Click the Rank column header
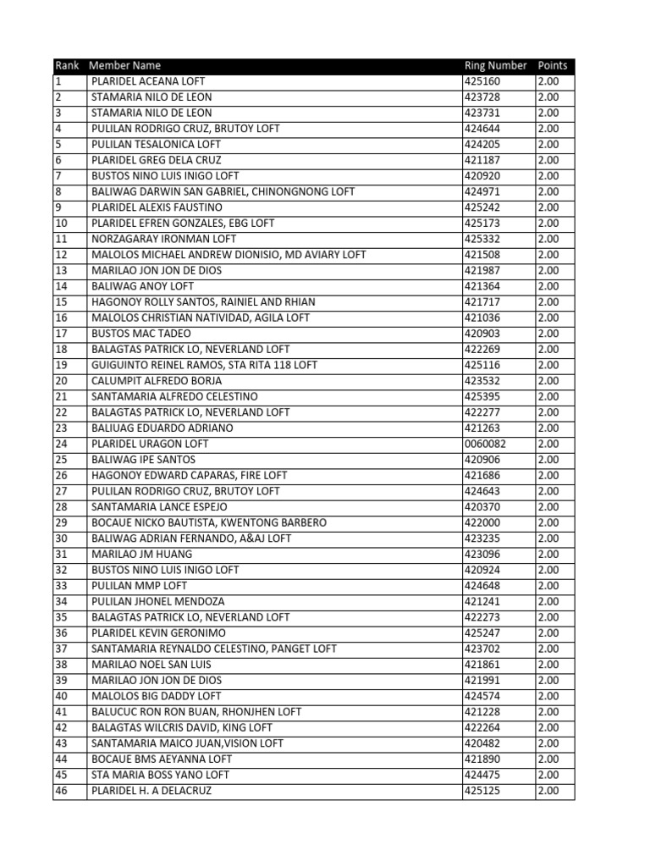coord(66,66)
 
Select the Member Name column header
coord(125,66)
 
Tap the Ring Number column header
coord(496,66)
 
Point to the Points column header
coord(552,66)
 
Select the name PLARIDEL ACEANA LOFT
coord(148,81)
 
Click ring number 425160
coord(482,81)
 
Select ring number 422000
coord(482,522)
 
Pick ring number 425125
coord(482,791)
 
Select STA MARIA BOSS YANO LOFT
coord(160,775)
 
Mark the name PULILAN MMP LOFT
coord(139,586)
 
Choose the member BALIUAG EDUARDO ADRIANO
coord(162,428)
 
